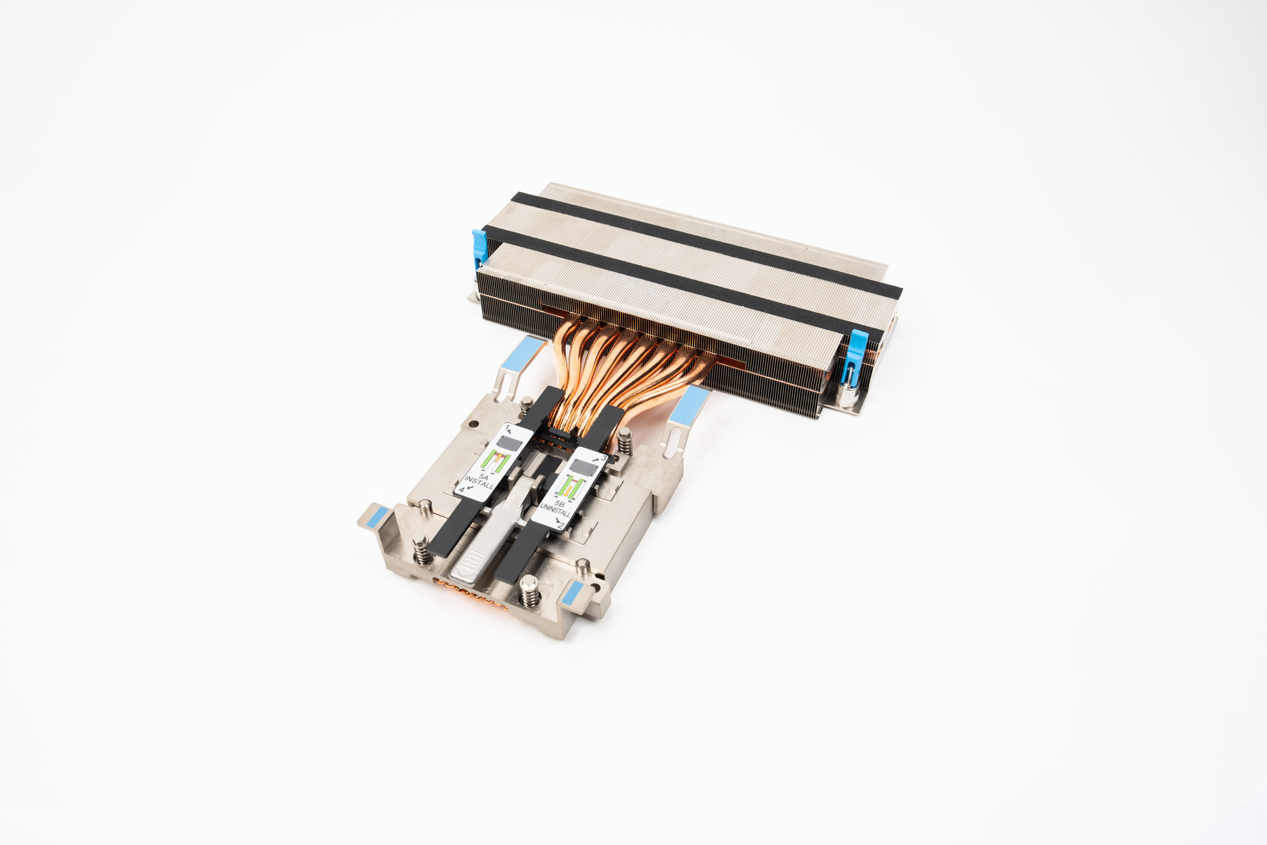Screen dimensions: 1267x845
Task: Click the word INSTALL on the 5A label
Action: click(x=479, y=482)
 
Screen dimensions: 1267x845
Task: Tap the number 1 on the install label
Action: click(x=507, y=427)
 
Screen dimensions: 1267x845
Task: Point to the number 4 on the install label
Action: click(x=461, y=490)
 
